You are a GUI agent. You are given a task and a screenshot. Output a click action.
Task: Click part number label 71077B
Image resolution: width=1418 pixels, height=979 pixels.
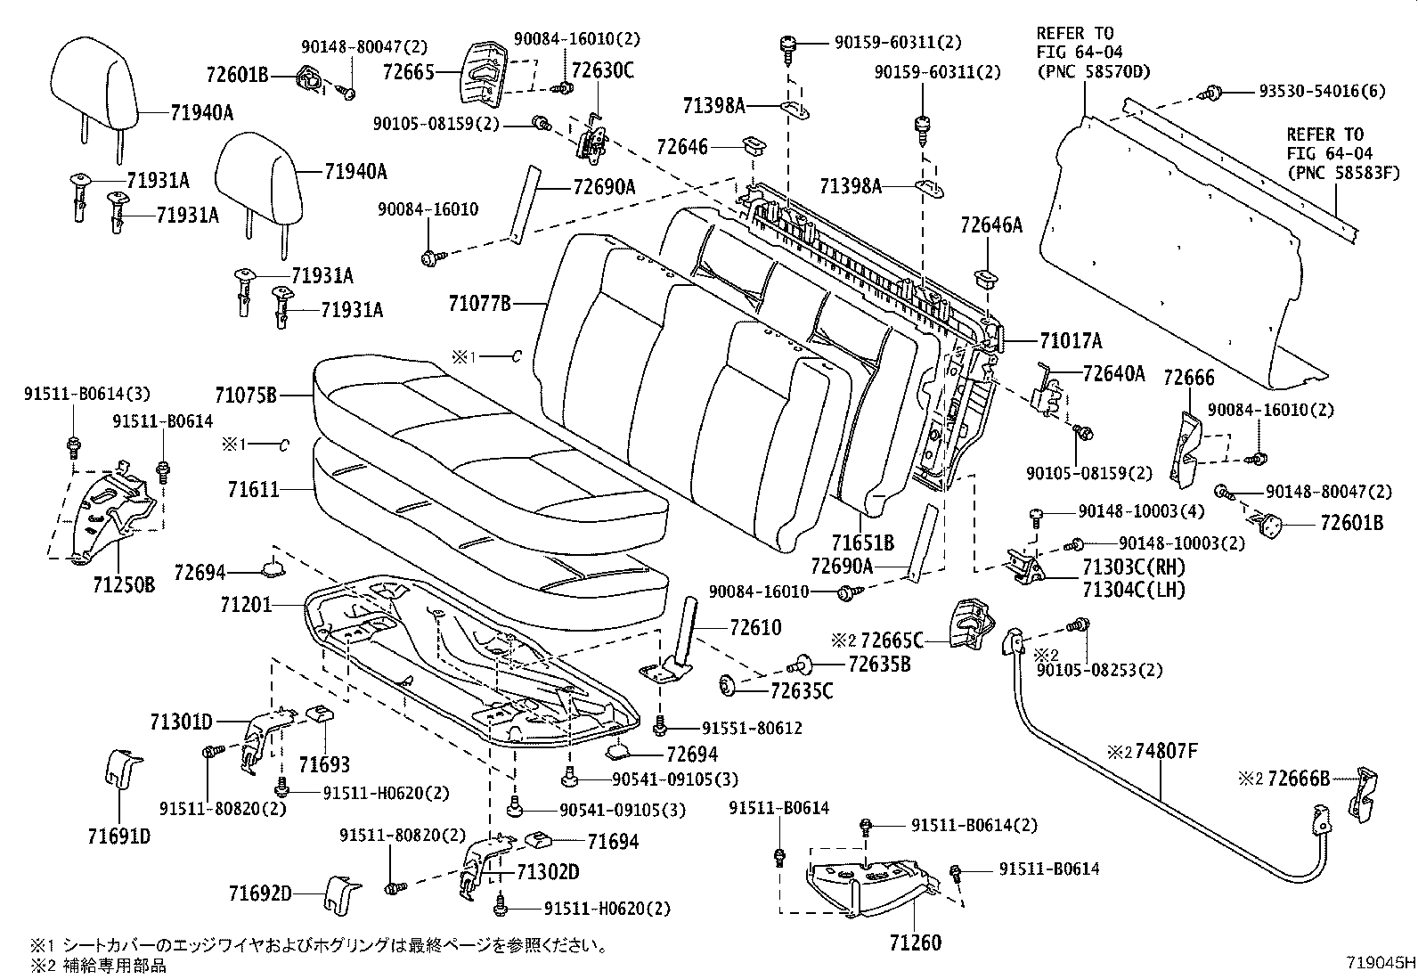tap(479, 305)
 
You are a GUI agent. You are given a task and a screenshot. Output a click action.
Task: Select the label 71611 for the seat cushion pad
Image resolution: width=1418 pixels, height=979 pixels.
tap(252, 489)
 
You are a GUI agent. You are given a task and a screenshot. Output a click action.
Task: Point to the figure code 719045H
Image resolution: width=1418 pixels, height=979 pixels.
tap(1380, 963)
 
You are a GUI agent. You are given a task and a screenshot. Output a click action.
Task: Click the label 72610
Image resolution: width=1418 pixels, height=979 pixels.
tap(755, 628)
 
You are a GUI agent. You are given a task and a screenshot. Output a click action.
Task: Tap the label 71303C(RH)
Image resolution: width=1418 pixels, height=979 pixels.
tap(1133, 567)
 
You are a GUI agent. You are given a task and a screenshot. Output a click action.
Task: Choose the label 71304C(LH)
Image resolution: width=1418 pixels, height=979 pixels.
tap(1133, 589)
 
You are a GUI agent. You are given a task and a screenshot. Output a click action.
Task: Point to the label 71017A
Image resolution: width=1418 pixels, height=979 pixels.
tap(1070, 340)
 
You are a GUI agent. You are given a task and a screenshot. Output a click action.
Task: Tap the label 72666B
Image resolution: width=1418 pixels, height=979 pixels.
tap(1299, 779)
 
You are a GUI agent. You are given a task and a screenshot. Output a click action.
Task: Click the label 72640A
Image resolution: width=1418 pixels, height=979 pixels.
tap(1113, 374)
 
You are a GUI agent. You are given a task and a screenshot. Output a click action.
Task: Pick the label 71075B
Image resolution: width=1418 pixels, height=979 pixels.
tap(246, 395)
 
